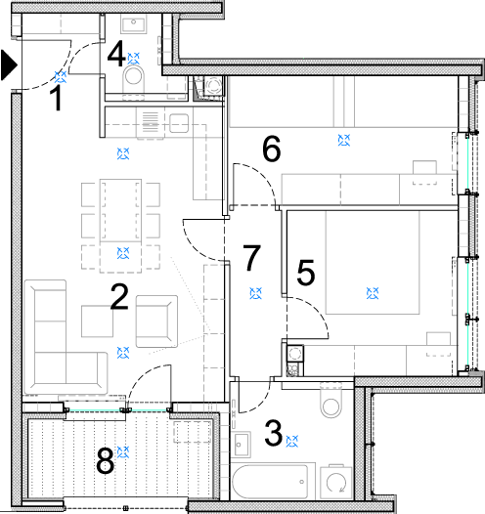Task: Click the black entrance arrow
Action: click(x=8, y=64)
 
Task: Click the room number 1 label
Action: click(x=57, y=99)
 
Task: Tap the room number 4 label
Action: click(x=116, y=54)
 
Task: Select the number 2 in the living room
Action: click(x=119, y=297)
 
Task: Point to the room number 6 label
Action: click(x=272, y=149)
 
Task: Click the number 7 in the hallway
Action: click(x=252, y=257)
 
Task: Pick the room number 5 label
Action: click(x=306, y=272)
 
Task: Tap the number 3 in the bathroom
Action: click(x=273, y=433)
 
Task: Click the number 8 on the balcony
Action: click(x=105, y=461)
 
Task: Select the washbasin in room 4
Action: click(x=133, y=24)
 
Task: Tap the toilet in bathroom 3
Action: click(x=331, y=400)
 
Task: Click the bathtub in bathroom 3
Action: click(x=270, y=482)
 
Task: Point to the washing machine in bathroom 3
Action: click(x=335, y=482)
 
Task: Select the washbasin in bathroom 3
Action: click(x=241, y=445)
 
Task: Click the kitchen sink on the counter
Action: click(x=179, y=123)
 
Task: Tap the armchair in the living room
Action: click(x=156, y=321)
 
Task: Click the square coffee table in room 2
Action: click(x=97, y=321)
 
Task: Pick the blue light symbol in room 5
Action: click(x=373, y=293)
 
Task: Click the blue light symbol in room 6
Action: click(x=344, y=140)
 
